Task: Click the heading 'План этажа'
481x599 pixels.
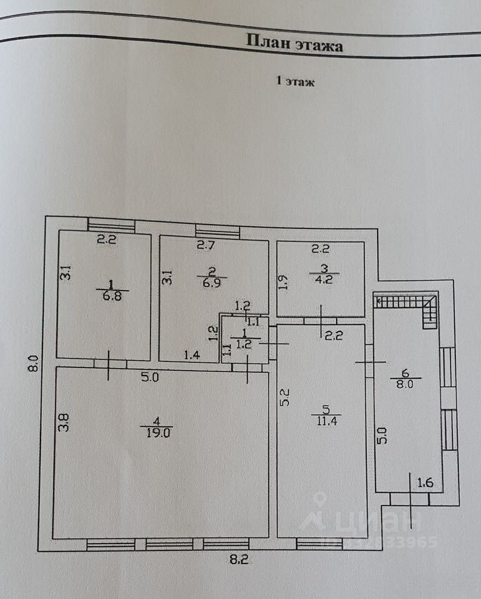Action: pos(294,43)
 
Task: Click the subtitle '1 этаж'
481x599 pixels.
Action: pos(295,81)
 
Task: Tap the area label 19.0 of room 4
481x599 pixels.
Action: pos(157,432)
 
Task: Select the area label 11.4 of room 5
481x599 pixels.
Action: pos(327,421)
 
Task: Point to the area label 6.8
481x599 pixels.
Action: pos(112,296)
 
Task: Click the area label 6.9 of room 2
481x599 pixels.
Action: pos(211,284)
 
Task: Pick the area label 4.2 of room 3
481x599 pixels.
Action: pos(324,280)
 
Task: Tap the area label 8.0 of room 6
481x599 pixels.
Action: pos(405,384)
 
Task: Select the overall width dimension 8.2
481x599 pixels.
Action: pos(239,560)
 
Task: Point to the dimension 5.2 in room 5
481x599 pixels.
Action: pos(285,397)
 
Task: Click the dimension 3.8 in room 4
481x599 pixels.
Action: pos(64,423)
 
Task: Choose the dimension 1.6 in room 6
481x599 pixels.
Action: pos(425,483)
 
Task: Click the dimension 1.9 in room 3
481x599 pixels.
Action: pos(283,282)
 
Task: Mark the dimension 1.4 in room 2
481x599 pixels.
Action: pos(192,355)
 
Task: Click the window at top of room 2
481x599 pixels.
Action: pos(217,232)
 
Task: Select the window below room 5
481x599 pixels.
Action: pos(319,543)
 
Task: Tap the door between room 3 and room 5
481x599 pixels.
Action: pos(321,321)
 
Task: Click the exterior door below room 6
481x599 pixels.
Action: pos(409,499)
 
